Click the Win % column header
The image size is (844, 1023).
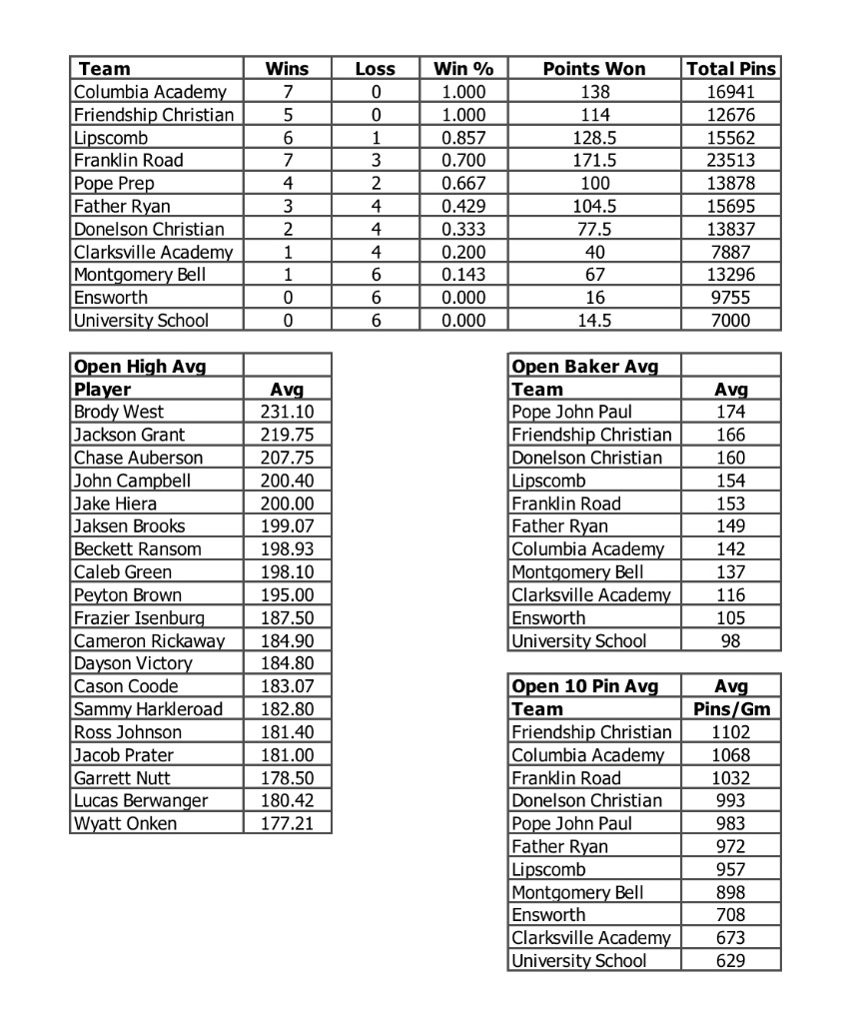click(463, 69)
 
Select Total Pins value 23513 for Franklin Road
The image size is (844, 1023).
click(731, 160)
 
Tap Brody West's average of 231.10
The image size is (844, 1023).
click(287, 412)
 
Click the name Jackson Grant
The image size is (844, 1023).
click(129, 435)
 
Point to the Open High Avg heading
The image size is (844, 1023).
click(140, 366)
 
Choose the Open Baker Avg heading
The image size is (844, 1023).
click(584, 366)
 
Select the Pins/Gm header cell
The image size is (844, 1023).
click(731, 709)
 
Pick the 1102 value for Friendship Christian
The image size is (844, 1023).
click(731, 732)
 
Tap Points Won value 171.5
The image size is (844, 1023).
click(594, 160)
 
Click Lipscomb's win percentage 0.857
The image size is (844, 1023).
click(463, 138)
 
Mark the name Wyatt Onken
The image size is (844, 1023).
click(125, 823)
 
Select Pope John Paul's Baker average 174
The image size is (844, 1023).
click(731, 412)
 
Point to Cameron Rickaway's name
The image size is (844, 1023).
click(149, 640)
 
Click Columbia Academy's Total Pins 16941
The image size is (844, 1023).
click(731, 92)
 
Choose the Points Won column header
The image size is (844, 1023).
click(594, 69)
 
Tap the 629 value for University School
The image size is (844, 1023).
click(731, 961)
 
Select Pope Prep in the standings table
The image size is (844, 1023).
click(114, 183)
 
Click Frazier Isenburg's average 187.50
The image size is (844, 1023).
click(287, 617)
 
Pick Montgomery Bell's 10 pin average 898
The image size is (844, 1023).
click(731, 892)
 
